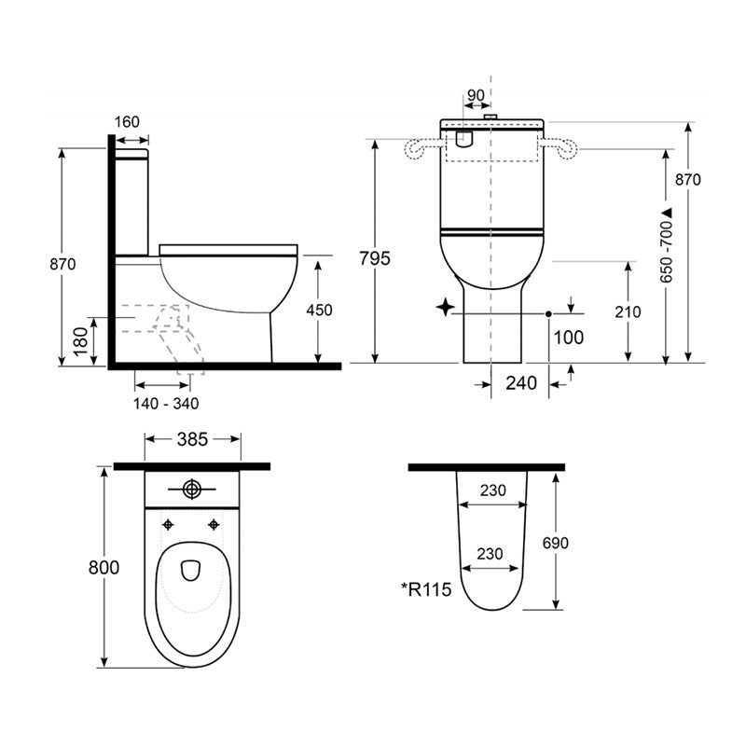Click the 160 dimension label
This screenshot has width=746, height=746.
[127, 121]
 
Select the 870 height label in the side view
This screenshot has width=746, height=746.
[62, 264]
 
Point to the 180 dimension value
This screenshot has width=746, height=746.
[81, 342]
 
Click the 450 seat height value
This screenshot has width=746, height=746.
[319, 311]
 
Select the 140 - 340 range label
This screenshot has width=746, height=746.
[165, 404]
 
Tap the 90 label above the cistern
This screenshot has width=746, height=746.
[475, 96]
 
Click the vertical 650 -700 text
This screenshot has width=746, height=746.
[666, 245]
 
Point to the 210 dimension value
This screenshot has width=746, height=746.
[628, 311]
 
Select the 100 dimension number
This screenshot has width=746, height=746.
[569, 337]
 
